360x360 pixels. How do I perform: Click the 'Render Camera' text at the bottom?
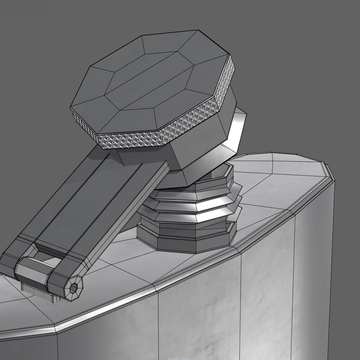point(180,358)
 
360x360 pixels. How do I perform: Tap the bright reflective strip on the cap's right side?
point(239,127)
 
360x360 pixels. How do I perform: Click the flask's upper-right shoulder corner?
point(328,173)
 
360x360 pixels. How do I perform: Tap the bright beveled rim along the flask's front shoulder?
point(167,287)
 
